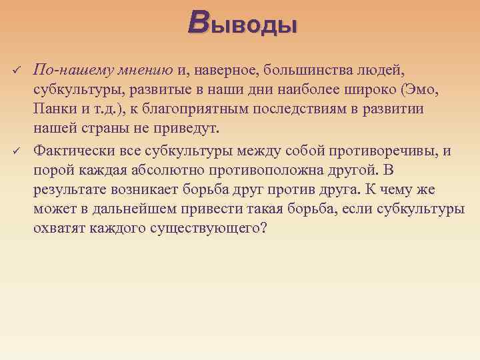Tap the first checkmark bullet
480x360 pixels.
tap(17, 70)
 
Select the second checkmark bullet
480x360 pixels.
tap(17, 151)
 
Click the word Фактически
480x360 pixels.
tap(71, 150)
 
